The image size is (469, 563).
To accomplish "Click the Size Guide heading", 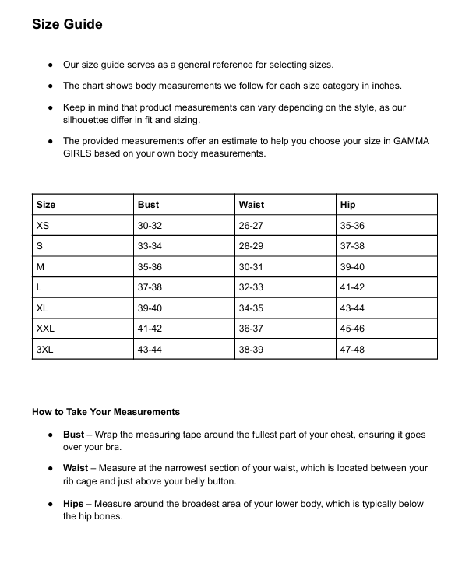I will pyautogui.click(x=67, y=24).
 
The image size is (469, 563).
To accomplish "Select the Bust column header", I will pyautogui.click(x=148, y=205).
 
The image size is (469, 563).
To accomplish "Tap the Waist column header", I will pyautogui.click(x=252, y=205).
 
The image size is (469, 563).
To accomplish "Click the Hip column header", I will pyautogui.click(x=347, y=205).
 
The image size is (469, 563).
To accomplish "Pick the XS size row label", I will pyautogui.click(x=43, y=226).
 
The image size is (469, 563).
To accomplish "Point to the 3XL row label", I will pyautogui.click(x=45, y=350).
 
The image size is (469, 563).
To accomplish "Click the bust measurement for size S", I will pyautogui.click(x=150, y=246).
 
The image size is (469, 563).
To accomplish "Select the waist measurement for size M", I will pyautogui.click(x=251, y=267).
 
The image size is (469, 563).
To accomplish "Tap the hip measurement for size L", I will pyautogui.click(x=352, y=287).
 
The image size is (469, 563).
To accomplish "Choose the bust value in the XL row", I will pyautogui.click(x=150, y=308).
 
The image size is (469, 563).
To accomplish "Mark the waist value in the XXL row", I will pyautogui.click(x=251, y=329).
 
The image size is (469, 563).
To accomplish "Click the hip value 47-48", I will pyautogui.click(x=352, y=350).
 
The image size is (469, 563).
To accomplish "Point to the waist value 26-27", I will pyautogui.click(x=251, y=226).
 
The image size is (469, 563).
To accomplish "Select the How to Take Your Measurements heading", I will pyautogui.click(x=106, y=412).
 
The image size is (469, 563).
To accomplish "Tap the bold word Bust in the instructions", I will pyautogui.click(x=73, y=435).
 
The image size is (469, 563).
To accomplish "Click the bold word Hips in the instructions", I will pyautogui.click(x=73, y=504).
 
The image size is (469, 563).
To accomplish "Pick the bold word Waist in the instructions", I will pyautogui.click(x=76, y=469).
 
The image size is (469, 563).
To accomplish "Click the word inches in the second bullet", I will pyautogui.click(x=387, y=86).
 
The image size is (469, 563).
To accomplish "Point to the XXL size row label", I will pyautogui.click(x=45, y=329).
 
